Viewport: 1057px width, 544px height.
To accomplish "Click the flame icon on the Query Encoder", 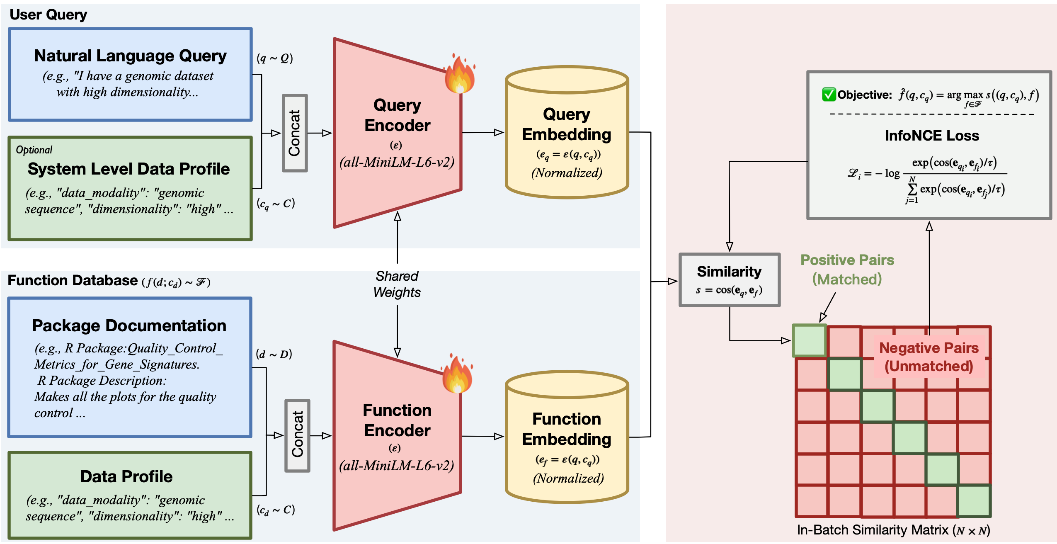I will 460,75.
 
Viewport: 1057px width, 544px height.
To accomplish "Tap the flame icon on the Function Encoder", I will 457,374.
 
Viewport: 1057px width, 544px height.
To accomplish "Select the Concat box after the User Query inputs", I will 295,133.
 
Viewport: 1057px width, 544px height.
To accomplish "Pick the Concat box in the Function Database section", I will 297,435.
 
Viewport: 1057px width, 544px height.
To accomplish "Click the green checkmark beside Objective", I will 829,95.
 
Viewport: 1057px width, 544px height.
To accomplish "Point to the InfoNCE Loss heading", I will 932,136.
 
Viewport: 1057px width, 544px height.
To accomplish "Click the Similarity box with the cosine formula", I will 730,280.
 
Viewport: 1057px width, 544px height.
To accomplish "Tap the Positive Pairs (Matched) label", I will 847,270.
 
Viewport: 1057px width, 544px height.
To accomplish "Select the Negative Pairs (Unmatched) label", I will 929,357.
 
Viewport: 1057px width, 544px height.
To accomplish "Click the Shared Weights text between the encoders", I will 397,284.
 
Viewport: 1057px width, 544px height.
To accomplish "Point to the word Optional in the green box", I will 34,150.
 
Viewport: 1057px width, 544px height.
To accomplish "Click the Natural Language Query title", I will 130,56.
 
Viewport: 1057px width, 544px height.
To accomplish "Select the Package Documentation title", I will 129,325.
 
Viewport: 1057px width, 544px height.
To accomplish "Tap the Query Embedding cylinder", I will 567,133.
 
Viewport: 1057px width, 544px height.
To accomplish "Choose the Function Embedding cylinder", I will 567,437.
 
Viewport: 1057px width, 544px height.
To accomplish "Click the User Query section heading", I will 48,15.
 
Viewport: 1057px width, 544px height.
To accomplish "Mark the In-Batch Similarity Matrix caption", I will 893,530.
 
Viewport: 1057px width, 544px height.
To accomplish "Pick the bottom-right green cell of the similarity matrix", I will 974,501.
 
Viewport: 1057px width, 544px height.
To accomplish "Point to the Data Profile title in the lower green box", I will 126,476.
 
